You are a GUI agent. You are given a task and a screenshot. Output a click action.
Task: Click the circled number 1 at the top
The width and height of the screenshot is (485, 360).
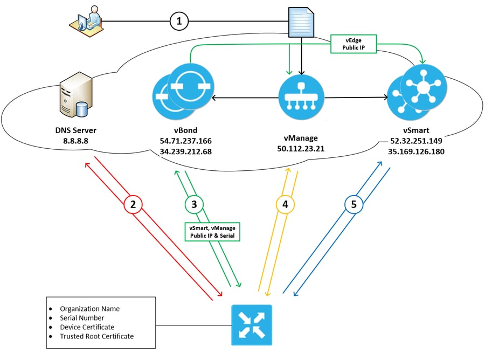[179, 21]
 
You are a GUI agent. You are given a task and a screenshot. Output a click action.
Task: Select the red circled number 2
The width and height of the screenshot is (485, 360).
[133, 204]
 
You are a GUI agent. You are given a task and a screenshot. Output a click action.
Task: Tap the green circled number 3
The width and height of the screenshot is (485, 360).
[194, 204]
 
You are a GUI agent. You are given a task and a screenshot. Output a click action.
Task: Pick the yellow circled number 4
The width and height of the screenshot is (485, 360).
[285, 204]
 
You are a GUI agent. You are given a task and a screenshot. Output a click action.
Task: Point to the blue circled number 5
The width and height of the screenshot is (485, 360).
[353, 204]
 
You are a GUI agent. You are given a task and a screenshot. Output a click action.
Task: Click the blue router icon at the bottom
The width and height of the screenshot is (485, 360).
[252, 325]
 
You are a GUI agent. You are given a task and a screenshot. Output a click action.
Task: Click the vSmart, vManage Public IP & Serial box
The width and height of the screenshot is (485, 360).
[212, 231]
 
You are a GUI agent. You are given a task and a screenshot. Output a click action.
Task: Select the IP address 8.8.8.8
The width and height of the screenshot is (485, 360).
[73, 140]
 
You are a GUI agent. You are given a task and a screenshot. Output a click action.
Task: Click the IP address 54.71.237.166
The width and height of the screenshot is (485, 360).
[185, 141]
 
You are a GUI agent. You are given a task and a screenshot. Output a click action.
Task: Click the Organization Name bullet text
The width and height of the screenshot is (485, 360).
[89, 309]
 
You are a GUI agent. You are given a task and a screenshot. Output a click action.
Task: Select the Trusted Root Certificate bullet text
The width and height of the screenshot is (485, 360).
[96, 336]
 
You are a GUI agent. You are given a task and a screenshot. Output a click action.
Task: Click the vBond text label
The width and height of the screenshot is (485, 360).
[185, 130]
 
